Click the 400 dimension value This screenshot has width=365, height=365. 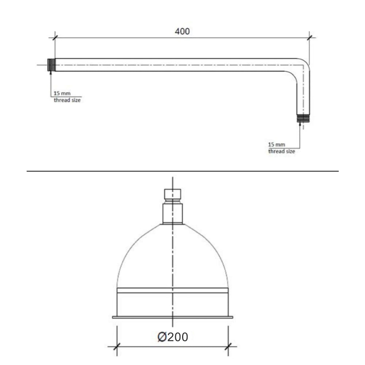pyautogui.click(x=182, y=31)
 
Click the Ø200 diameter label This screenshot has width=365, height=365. pyautogui.click(x=173, y=337)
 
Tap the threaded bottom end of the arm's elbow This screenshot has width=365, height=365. pyautogui.click(x=303, y=118)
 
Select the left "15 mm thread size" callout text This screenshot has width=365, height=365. pyautogui.click(x=67, y=97)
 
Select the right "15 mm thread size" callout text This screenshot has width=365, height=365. pyautogui.click(x=281, y=148)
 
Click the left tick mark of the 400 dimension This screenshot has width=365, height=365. pyautogui.click(x=55, y=37)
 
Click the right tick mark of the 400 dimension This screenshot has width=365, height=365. pyautogui.click(x=310, y=37)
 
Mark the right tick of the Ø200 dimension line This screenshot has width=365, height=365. pyautogui.click(x=228, y=346)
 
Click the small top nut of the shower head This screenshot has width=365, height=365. pyautogui.click(x=173, y=194)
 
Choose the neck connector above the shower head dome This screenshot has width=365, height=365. pyautogui.click(x=173, y=213)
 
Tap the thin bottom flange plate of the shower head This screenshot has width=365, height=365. pyautogui.click(x=173, y=317)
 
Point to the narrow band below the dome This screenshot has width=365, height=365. pyautogui.click(x=173, y=291)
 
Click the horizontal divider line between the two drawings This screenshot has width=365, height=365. pyautogui.click(x=182, y=171)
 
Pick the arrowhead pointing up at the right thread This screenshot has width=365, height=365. pyautogui.click(x=300, y=124)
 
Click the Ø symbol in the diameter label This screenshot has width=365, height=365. pyautogui.click(x=162, y=337)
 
